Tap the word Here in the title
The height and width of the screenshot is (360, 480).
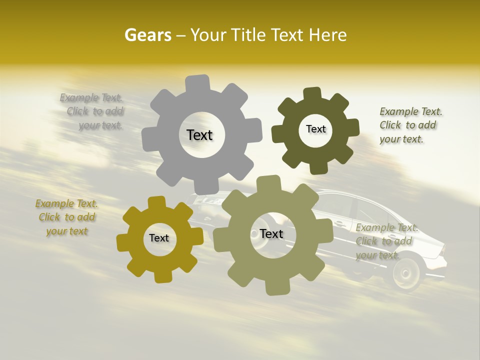[327, 35]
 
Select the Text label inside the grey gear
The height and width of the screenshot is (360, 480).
[199, 135]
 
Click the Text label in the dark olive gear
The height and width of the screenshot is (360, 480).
[315, 129]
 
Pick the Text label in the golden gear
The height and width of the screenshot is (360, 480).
[159, 238]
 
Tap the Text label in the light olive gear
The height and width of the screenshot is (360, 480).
[271, 234]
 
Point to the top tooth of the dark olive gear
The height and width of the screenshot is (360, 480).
[312, 94]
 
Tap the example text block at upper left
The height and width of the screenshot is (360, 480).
[93, 111]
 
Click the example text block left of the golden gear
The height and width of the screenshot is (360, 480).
[67, 217]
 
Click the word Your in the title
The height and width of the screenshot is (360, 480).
[208, 35]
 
